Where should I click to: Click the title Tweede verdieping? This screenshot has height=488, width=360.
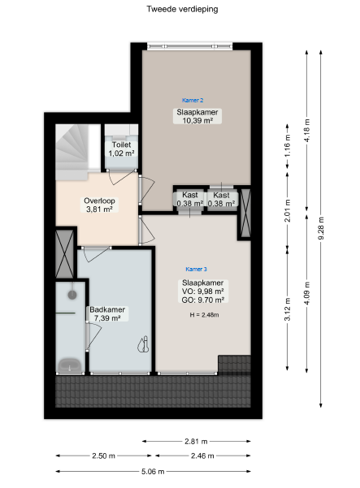coord(182,9)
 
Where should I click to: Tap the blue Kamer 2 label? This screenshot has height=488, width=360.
coord(193,100)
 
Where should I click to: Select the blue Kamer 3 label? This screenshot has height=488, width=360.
coord(196,270)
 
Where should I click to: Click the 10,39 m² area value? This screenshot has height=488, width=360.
coord(197,120)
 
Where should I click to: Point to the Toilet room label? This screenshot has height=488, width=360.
coord(121,145)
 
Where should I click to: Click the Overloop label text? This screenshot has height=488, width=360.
coord(99,201)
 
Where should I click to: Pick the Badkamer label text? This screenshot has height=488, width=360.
coord(107,309)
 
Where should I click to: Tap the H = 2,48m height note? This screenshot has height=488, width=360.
coord(204,315)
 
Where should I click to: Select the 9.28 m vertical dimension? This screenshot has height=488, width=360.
coord(321,228)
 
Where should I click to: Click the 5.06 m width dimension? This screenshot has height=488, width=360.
coord(153,472)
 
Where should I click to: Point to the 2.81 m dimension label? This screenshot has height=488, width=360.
coord(196,442)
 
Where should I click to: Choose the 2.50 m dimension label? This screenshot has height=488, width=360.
coord(103,456)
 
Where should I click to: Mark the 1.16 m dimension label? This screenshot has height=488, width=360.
coord(287,145)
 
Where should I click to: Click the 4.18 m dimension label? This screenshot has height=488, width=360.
coord(306,131)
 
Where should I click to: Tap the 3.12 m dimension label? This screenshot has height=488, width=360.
coord(287,309)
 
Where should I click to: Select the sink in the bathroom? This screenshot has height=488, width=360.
coord(70,365)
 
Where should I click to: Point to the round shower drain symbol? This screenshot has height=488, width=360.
coord(72,295)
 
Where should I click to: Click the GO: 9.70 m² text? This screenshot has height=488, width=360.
coord(203,300)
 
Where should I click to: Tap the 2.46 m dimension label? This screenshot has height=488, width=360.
coord(202,456)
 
